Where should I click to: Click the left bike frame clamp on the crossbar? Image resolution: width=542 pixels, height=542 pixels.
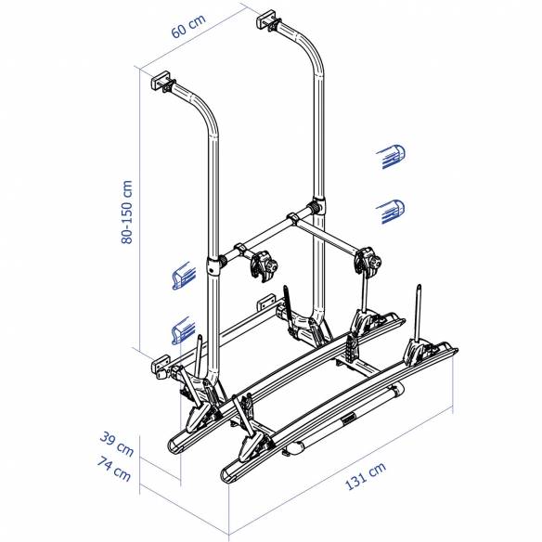pyautogui.click(x=265, y=265)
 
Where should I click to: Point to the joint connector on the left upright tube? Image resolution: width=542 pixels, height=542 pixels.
pyautogui.click(x=215, y=265)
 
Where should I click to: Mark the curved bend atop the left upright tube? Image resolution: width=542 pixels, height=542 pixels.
pyautogui.click(x=205, y=111)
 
